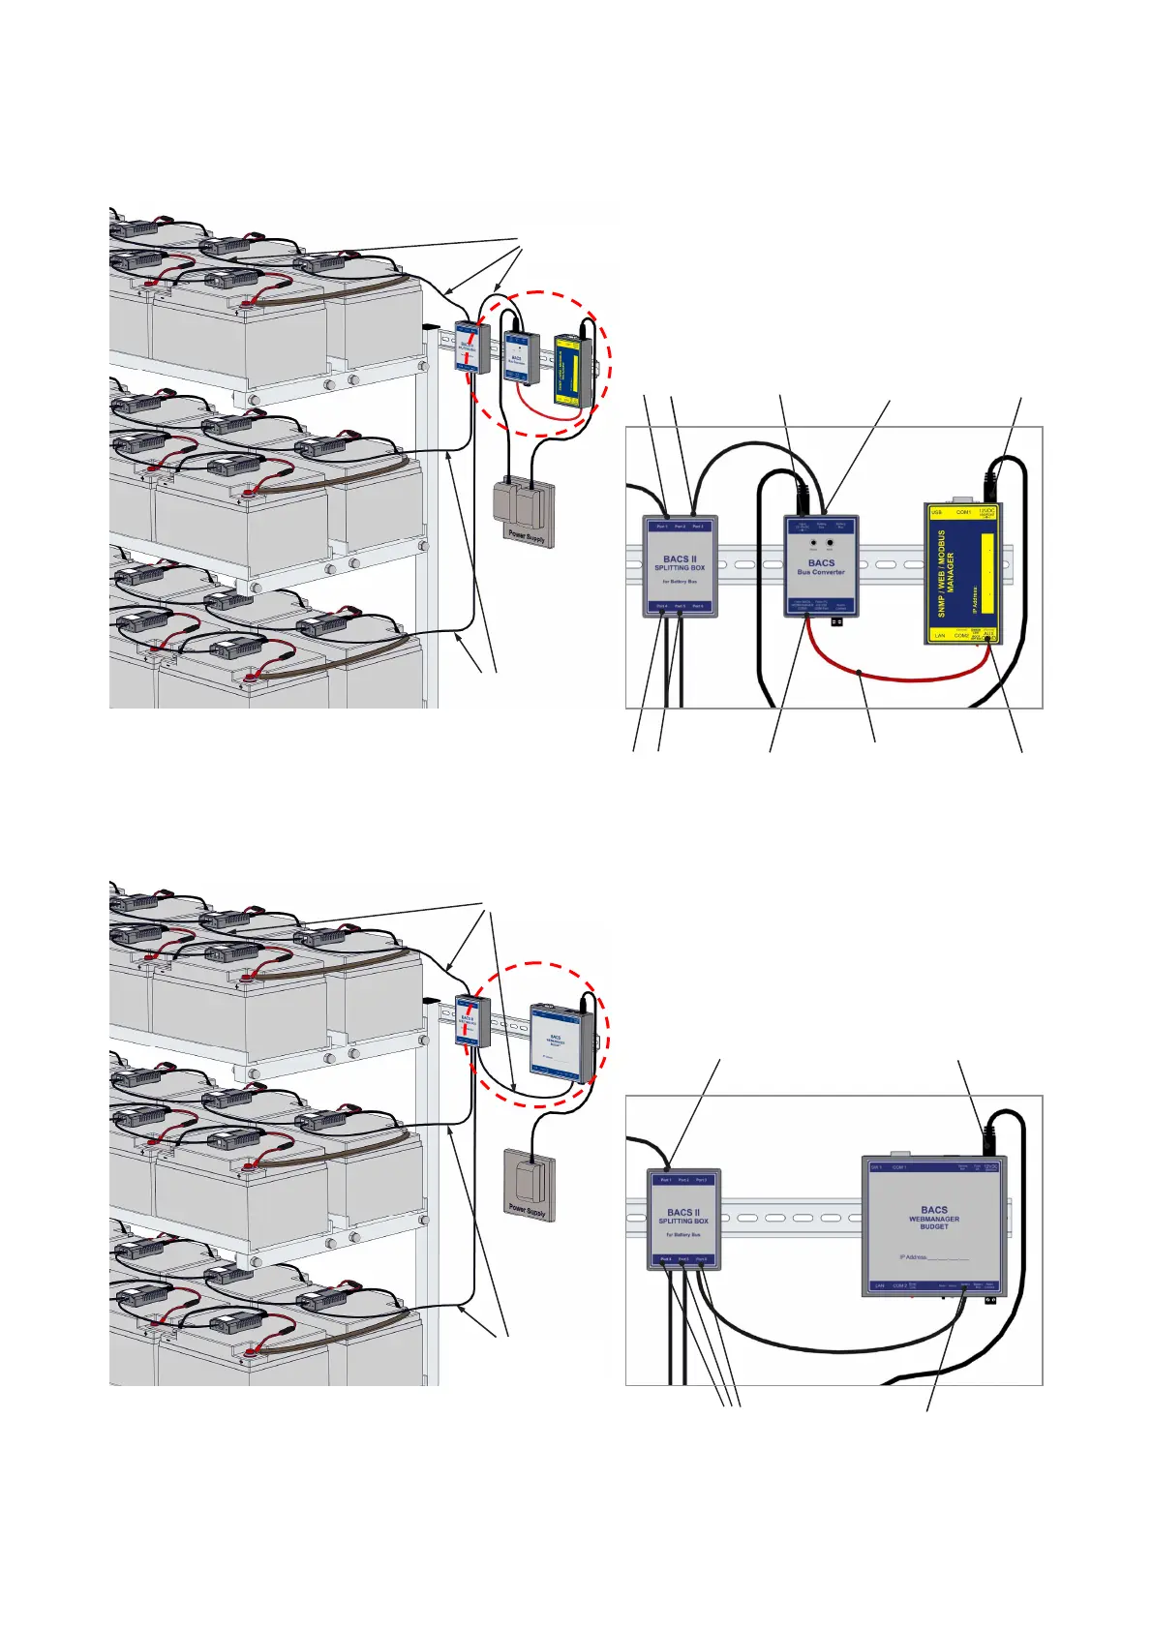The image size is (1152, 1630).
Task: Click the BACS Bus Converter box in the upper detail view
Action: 821,566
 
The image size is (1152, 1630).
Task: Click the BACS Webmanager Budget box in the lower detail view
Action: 934,1225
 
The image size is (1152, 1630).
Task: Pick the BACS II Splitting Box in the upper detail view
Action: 680,566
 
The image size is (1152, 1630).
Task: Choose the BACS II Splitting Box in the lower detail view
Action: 683,1220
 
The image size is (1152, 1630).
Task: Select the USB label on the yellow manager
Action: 936,512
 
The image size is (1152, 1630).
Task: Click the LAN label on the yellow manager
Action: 939,636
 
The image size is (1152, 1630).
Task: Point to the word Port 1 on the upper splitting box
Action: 662,527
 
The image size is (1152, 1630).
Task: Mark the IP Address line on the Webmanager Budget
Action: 933,1257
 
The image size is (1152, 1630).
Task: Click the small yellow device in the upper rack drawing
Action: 571,369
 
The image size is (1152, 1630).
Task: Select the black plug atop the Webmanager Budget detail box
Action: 989,1138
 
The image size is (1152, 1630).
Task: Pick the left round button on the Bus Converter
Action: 813,544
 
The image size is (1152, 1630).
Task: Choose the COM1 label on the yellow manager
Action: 963,512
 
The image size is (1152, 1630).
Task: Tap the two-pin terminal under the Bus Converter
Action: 836,623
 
